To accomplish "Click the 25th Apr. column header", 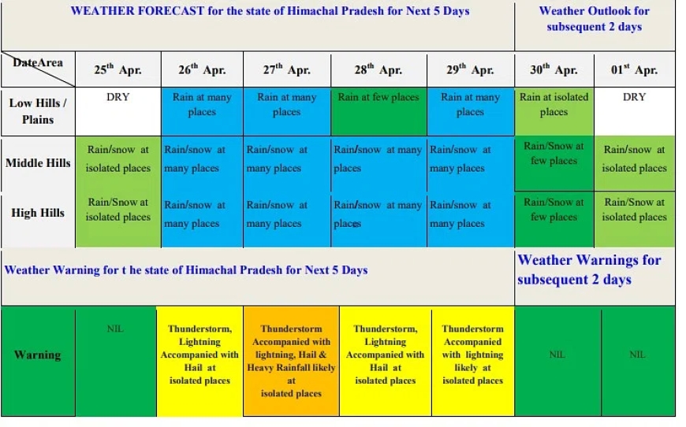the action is pos(118,69).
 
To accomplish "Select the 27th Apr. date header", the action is pos(287,69).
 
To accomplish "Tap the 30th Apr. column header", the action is pos(554,69).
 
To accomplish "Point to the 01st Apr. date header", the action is pos(635,69).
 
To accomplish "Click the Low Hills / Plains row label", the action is pos(38,111).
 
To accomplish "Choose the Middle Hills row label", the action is pos(38,163).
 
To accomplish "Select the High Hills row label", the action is pos(38,213).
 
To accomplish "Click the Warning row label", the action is pos(38,355).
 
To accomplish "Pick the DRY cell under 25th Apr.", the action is pos(118,111).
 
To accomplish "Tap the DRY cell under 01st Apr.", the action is pos(635,111).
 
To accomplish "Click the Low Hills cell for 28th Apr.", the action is pos(378,111).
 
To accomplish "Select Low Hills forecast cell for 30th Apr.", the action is pos(554,111).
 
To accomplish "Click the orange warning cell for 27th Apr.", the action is pos(292,361).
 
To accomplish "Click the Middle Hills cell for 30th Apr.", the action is pos(554,163).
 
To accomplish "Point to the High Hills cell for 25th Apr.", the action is pos(118,220).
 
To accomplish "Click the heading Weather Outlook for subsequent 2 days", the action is pos(594,19).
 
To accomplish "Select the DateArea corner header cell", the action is pos(38,69).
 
